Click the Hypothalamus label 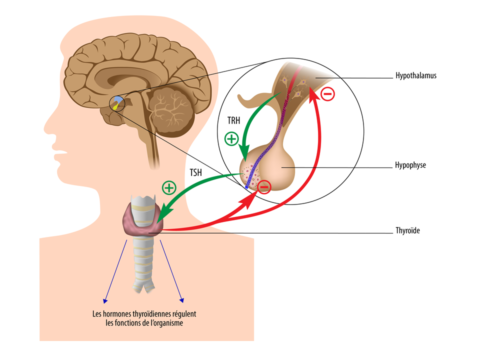coord(415,75)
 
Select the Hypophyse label coord(410,165)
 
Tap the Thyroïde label coord(407,230)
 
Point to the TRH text coord(233,120)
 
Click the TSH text coord(196,173)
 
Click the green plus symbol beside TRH coord(231,139)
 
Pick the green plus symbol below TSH coord(169,187)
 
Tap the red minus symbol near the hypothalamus coord(327,94)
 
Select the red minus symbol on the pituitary coord(264,186)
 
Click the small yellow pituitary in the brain coord(115,106)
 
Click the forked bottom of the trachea coord(143,285)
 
